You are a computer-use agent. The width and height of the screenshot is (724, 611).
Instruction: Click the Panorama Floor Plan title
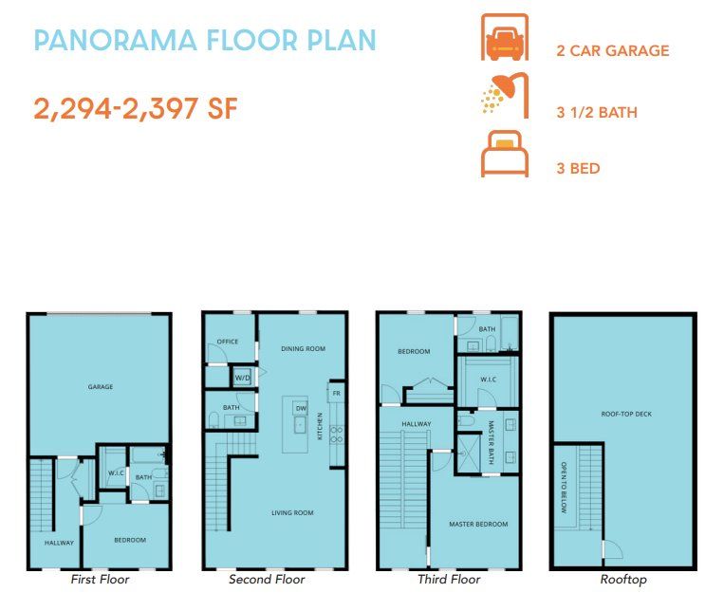[x=205, y=41]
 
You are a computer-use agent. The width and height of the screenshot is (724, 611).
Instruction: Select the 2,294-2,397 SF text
[x=136, y=108]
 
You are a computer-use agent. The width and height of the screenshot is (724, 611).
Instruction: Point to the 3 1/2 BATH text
[x=597, y=113]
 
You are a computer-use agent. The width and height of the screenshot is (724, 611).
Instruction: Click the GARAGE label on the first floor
[x=101, y=386]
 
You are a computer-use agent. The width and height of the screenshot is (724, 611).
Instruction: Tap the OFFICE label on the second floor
[x=227, y=342]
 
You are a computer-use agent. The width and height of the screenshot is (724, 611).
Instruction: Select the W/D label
[x=242, y=378]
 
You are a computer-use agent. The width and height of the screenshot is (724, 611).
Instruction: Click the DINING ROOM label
[x=303, y=349]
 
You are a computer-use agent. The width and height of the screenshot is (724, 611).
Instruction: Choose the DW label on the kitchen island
[x=301, y=408]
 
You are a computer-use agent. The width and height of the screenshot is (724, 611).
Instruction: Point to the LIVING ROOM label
[x=292, y=513]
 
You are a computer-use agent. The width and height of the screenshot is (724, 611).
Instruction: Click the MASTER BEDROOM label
[x=478, y=524]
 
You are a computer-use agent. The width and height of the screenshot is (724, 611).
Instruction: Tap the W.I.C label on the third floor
[x=488, y=380]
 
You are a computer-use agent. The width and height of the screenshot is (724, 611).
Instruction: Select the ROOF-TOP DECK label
[x=626, y=414]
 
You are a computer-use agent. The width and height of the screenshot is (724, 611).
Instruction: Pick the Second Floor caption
[x=267, y=579]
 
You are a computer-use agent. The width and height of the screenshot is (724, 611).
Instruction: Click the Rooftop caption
[x=623, y=579]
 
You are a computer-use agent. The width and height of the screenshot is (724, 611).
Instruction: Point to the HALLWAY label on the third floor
[x=416, y=424]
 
